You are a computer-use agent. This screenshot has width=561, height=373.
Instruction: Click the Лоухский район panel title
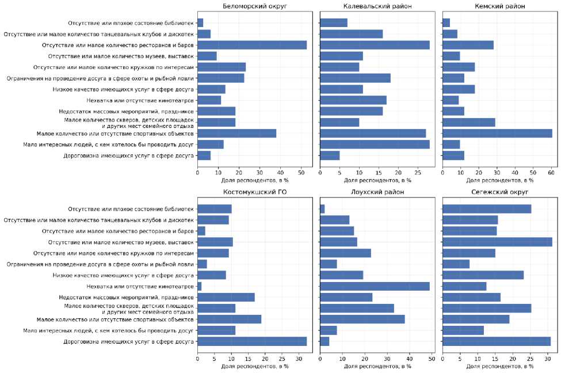tap(377, 192)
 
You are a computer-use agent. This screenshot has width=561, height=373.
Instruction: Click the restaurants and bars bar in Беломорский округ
tap(252, 45)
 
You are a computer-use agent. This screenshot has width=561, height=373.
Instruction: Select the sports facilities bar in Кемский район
tap(497, 134)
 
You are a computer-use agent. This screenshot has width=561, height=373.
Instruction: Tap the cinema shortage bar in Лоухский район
tap(375, 286)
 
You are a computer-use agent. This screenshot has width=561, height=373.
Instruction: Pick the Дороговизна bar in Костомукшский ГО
tap(252, 341)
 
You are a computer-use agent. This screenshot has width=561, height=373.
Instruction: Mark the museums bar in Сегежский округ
tap(497, 242)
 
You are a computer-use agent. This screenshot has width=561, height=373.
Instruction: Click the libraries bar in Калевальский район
tap(334, 23)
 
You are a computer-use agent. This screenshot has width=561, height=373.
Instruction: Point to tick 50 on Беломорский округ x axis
tap(301, 172)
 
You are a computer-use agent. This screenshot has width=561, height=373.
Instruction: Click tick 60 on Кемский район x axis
tap(551, 172)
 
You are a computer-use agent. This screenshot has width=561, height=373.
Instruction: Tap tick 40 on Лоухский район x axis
tap(409, 358)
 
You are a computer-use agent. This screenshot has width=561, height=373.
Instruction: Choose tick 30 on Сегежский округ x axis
tap(548, 358)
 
